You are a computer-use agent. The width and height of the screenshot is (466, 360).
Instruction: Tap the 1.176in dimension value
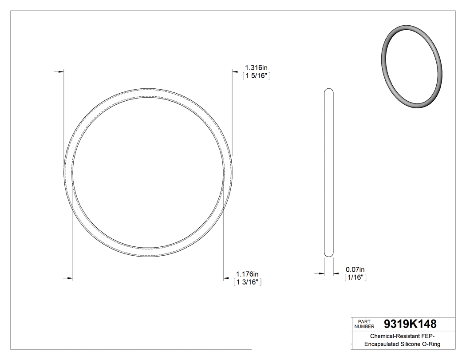[x=247, y=274]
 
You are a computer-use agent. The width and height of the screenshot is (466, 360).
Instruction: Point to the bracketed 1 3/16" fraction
[x=247, y=282]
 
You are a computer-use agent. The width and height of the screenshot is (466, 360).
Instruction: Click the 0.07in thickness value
[x=355, y=269]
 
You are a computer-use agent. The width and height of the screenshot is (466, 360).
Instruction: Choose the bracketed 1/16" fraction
[x=355, y=277]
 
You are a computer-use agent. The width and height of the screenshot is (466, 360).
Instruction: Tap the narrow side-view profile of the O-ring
[x=329, y=173]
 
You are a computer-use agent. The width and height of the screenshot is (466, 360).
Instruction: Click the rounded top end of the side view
[x=329, y=91]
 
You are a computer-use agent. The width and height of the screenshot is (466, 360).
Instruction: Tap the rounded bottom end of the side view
[x=329, y=254]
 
